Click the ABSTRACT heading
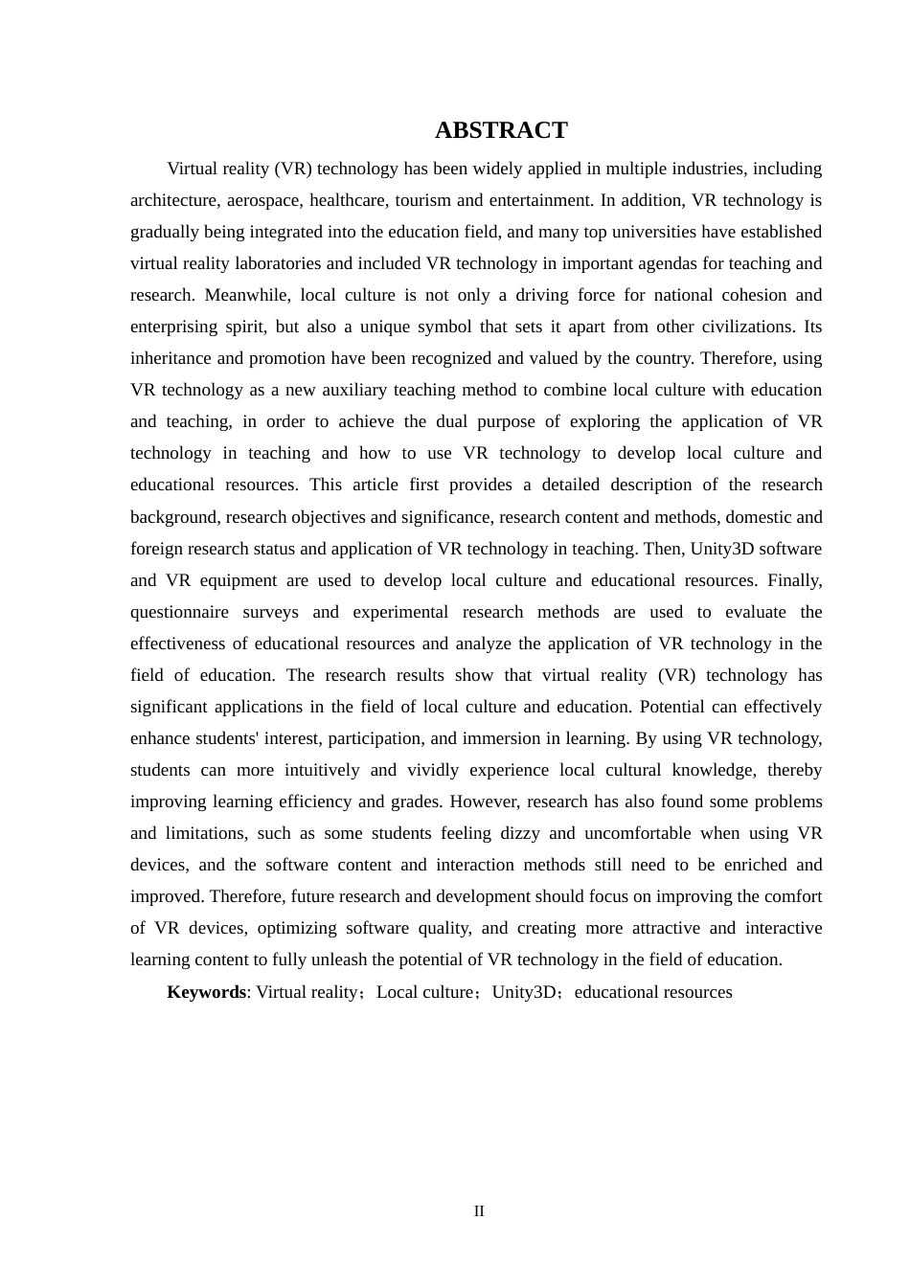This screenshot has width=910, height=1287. pos(501,130)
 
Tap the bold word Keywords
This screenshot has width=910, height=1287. pos(206,992)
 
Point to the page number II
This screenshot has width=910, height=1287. pos(479,1211)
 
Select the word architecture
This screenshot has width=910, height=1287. pos(174,200)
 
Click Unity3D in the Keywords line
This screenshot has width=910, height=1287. pos(524,992)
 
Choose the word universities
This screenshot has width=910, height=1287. pos(650,232)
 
